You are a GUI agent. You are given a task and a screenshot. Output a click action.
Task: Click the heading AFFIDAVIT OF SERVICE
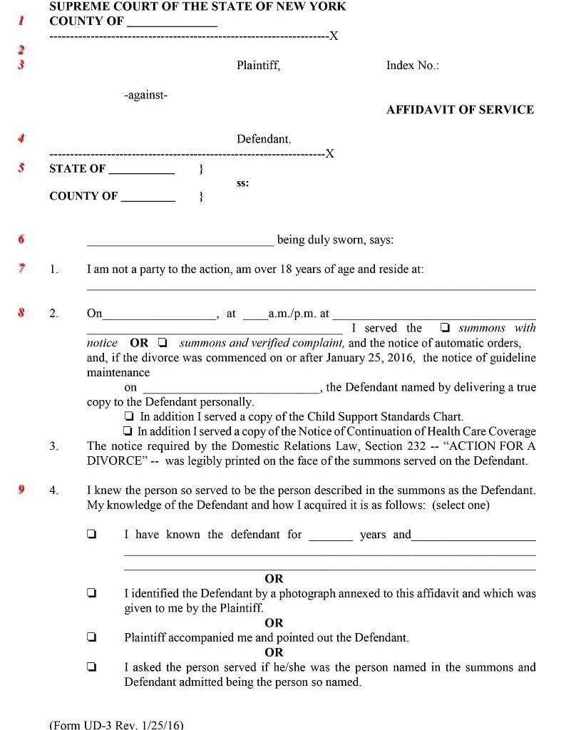pyautogui.click(x=460, y=110)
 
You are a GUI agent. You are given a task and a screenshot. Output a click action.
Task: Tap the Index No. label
pyautogui.click(x=412, y=66)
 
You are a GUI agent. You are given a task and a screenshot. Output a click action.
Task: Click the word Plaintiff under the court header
pyautogui.click(x=258, y=66)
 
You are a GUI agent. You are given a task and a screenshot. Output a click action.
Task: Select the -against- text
pyautogui.click(x=145, y=95)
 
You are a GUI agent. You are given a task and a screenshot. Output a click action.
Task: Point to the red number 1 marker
pyautogui.click(x=21, y=21)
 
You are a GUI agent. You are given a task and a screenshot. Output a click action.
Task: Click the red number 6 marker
pyautogui.click(x=21, y=240)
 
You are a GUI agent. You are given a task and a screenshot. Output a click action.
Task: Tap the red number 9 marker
pyautogui.click(x=21, y=490)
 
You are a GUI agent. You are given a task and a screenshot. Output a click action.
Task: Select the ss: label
pyautogui.click(x=242, y=183)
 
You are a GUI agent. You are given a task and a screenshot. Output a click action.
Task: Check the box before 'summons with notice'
pyautogui.click(x=445, y=329)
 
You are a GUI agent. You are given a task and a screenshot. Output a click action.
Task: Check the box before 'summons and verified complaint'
pyautogui.click(x=163, y=343)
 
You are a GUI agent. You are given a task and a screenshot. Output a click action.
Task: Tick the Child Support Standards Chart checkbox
pyautogui.click(x=128, y=416)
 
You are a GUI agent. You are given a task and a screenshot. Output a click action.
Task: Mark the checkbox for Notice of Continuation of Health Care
pyautogui.click(x=128, y=431)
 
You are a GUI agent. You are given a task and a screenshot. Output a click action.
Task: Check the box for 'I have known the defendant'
pyautogui.click(x=91, y=534)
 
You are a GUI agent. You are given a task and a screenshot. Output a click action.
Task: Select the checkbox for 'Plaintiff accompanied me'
pyautogui.click(x=91, y=637)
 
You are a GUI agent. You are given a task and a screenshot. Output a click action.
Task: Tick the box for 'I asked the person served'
pyautogui.click(x=91, y=667)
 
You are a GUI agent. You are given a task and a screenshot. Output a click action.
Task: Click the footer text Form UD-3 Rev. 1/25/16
pyautogui.click(x=116, y=724)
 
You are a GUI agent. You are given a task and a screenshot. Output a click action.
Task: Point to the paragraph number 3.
pyautogui.click(x=53, y=446)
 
